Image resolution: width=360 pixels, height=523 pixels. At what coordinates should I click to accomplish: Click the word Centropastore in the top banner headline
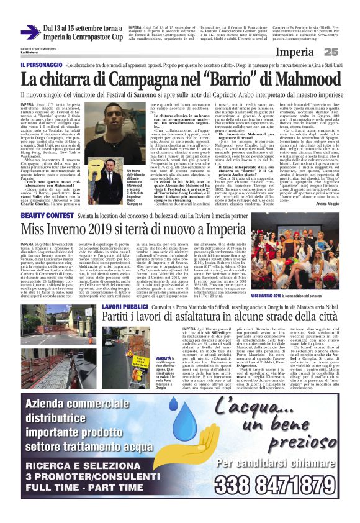92,37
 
